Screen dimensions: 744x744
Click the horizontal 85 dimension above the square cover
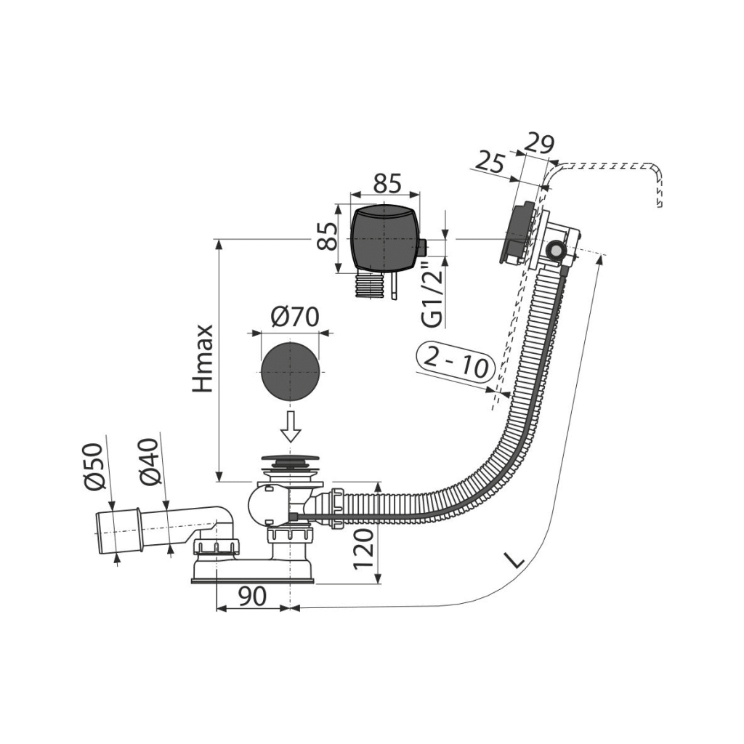click(x=387, y=183)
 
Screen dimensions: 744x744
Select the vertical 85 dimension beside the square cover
click(x=328, y=235)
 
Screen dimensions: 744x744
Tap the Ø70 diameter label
click(x=295, y=318)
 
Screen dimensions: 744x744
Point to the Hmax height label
click(x=204, y=357)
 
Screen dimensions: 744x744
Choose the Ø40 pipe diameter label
click(x=150, y=461)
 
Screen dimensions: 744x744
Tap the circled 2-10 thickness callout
click(x=460, y=361)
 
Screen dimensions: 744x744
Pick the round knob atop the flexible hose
click(x=557, y=251)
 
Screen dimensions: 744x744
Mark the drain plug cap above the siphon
click(x=288, y=461)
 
